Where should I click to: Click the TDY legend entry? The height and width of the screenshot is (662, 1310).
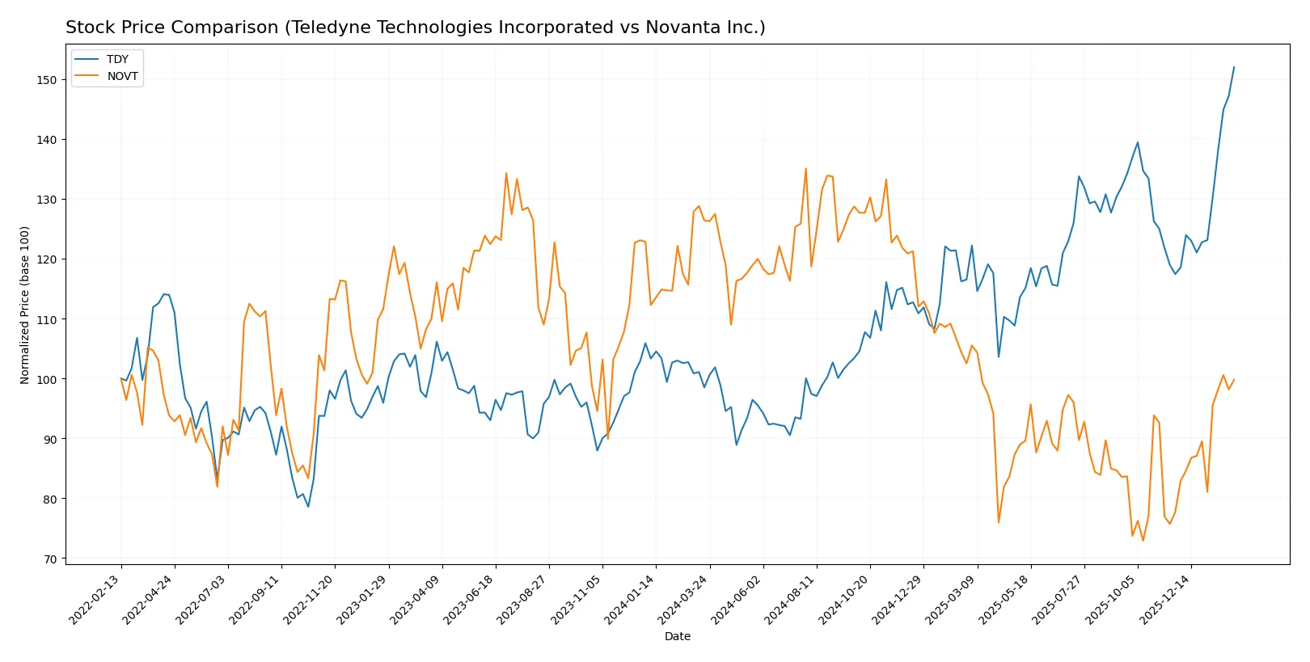[117, 59]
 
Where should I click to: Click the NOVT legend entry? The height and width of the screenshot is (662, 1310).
[122, 76]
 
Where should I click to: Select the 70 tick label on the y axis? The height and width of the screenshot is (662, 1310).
[50, 559]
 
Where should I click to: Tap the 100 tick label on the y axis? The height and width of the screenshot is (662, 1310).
[47, 379]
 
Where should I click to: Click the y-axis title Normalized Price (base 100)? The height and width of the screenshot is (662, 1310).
[25, 305]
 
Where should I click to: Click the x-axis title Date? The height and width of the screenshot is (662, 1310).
[677, 636]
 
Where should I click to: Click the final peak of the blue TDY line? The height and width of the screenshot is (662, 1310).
[1234, 67]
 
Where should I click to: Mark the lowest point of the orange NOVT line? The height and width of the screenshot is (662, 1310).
[1143, 541]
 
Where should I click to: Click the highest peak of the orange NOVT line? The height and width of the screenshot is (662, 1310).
[805, 168]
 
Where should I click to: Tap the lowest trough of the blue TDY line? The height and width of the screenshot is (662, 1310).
[308, 507]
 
